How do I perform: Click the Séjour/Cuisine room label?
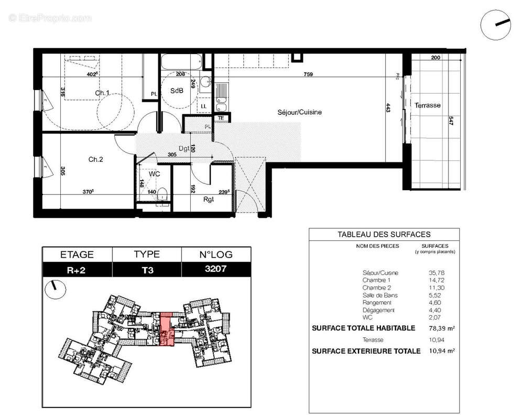coord(299,112)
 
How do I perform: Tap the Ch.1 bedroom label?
coord(102,93)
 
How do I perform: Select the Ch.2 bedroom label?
coord(95,159)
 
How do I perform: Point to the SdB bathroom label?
coord(177,91)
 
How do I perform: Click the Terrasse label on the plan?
coord(427,105)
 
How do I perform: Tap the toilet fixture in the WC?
coord(162,194)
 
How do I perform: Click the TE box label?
coord(221,118)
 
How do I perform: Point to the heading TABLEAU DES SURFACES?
coord(384,235)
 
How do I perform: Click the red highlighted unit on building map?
coord(166,330)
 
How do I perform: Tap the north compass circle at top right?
coord(495,25)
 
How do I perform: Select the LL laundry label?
coord(203,106)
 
